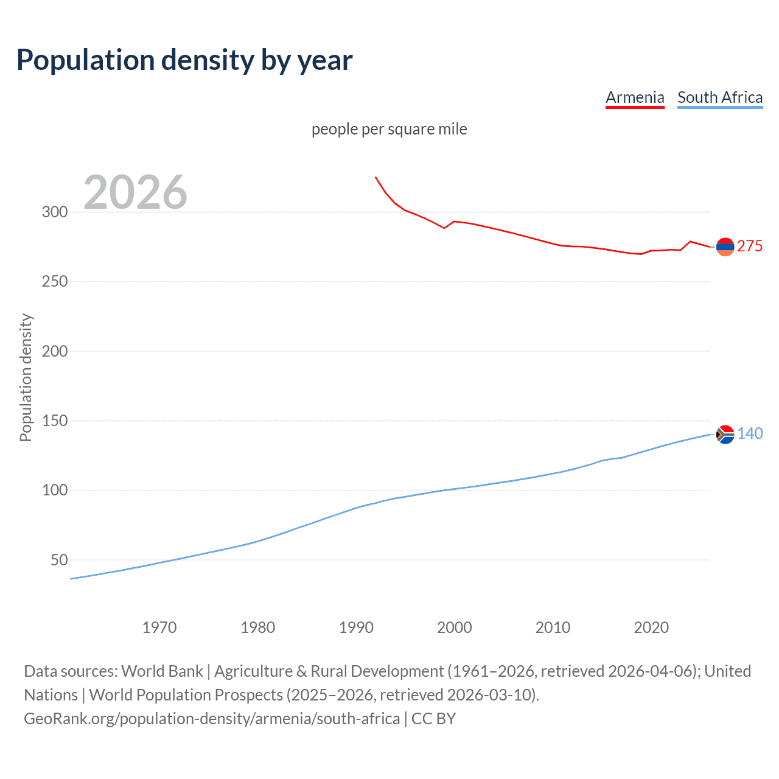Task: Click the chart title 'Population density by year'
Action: (184, 60)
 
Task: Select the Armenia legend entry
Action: (635, 97)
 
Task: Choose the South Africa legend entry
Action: (720, 97)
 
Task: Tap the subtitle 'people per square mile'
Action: (389, 129)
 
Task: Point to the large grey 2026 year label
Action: (135, 192)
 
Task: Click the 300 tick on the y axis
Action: (55, 212)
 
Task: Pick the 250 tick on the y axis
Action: (55, 282)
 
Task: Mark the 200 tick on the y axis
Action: (55, 351)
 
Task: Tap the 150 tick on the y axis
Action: (55, 421)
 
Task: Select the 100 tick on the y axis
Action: (55, 491)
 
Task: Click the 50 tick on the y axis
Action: (59, 560)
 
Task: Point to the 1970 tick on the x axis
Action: (159, 627)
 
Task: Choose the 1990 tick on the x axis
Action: (356, 627)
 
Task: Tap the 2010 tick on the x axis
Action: (553, 627)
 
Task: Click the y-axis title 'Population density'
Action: (26, 377)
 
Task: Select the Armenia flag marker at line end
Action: (725, 247)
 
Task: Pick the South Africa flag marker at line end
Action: (725, 435)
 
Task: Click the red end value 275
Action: (750, 246)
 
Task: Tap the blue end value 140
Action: (750, 433)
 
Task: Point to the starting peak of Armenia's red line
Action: (376, 177)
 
